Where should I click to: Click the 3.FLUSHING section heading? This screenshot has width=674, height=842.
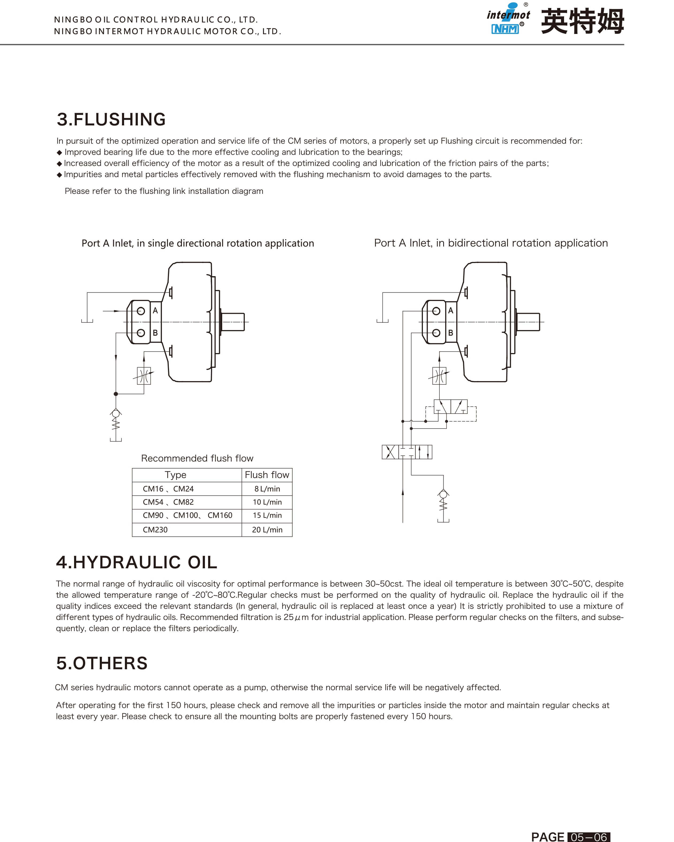[111, 119]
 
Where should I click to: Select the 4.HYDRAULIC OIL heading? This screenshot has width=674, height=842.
[136, 562]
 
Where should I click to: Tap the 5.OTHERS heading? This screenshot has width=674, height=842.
[102, 663]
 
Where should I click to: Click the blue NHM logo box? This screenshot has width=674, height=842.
[505, 29]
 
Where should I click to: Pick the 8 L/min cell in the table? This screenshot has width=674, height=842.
[267, 489]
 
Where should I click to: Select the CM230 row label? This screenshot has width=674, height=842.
[155, 530]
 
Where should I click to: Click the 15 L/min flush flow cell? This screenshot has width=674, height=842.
[267, 515]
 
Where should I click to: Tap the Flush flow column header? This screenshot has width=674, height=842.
[267, 474]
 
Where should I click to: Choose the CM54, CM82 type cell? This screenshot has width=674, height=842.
[168, 502]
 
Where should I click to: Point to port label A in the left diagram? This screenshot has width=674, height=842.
[155, 311]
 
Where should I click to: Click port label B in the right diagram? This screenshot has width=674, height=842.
[450, 333]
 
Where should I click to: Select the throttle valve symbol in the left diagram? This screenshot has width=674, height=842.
[144, 376]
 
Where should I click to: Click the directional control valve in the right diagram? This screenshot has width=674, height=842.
[407, 452]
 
